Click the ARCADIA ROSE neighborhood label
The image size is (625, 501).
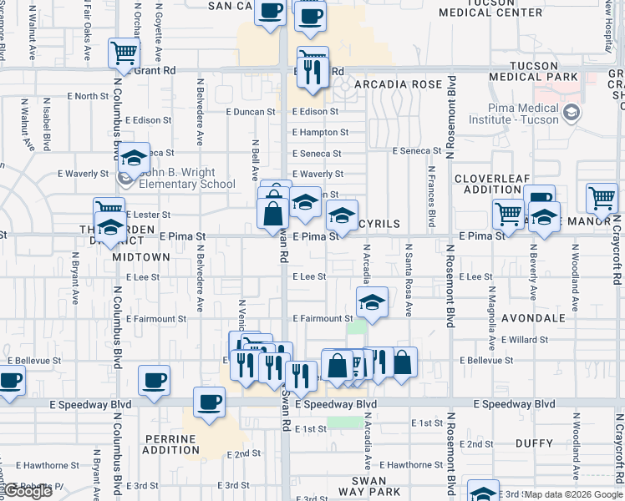point(398,85)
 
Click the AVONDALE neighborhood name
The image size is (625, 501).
point(534,318)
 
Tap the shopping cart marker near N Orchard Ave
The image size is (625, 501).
point(124,53)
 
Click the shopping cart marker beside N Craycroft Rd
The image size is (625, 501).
point(602,199)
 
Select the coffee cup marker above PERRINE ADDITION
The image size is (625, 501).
point(209,402)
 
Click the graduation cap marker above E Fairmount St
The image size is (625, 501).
point(372,301)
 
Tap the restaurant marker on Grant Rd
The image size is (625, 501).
point(314,72)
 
